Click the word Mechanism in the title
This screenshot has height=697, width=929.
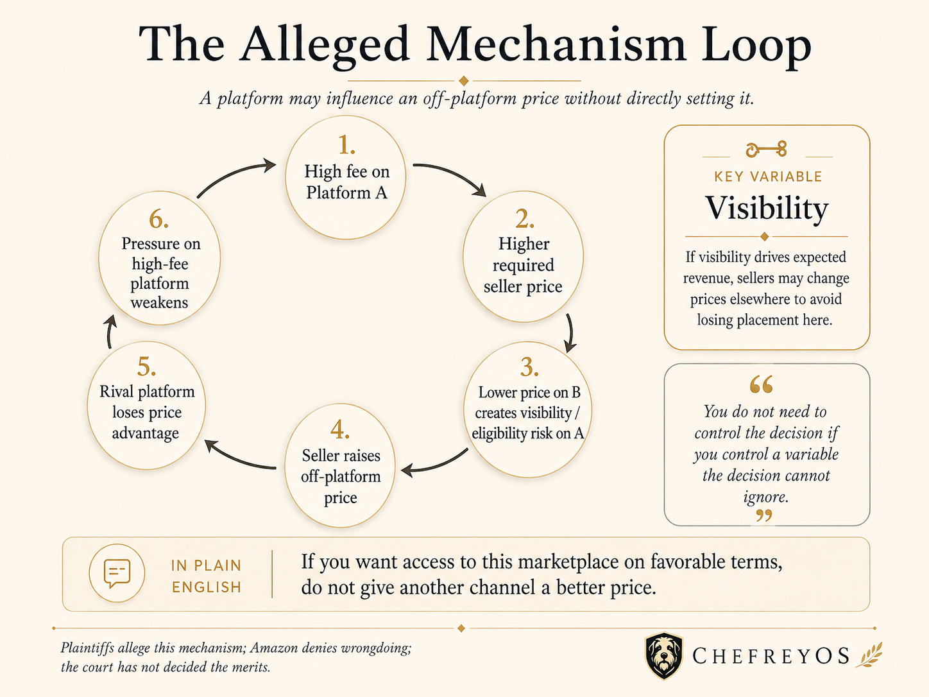(556, 44)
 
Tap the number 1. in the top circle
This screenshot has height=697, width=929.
(346, 145)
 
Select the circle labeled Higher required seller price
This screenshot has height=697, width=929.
(523, 257)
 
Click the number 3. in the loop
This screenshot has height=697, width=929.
(529, 366)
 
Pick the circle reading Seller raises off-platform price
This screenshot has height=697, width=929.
(340, 465)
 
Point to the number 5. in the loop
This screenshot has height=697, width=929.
(146, 366)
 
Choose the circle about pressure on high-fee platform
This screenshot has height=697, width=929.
(160, 258)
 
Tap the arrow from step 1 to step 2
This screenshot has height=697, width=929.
(454, 173)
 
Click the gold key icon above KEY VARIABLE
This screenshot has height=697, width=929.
(766, 149)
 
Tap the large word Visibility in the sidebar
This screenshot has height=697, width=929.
(767, 208)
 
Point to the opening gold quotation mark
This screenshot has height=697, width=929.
(761, 384)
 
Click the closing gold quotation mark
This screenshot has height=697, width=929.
(764, 515)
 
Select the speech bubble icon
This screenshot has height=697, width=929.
(117, 573)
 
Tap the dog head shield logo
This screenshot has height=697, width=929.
(664, 655)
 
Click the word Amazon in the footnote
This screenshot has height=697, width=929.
(278, 648)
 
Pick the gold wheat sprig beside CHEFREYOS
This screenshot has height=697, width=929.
(869, 655)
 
